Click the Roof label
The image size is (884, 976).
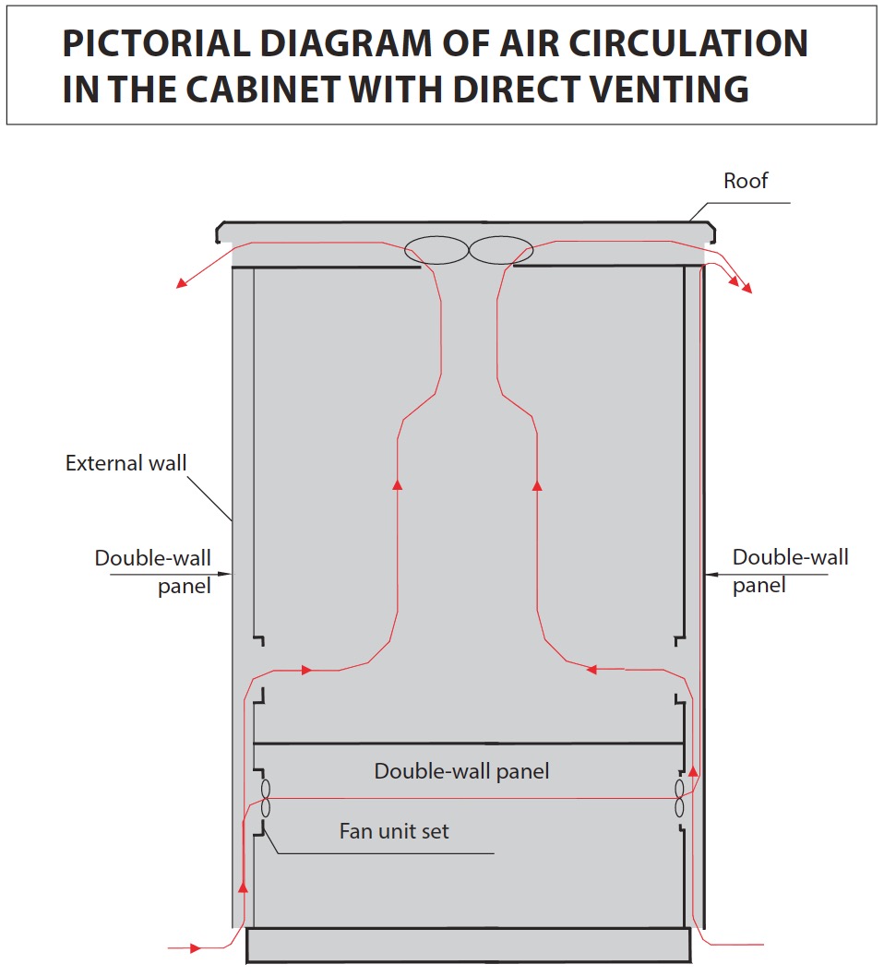746,181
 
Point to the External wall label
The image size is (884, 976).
126,463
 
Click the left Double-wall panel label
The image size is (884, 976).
153,572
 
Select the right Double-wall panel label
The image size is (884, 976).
790,571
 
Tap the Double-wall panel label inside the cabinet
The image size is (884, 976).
461,771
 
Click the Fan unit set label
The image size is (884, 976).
394,831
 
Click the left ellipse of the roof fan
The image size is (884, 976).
436,250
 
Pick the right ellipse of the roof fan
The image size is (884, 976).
501,250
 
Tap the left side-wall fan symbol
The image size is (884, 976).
266,798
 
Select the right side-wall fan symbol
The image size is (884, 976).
679,798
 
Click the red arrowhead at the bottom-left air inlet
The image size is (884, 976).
195,947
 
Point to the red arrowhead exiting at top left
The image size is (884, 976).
181,283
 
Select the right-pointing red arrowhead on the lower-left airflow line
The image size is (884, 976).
307,670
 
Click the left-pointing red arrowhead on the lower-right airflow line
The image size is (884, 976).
591,670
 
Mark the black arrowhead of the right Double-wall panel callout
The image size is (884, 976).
711,574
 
